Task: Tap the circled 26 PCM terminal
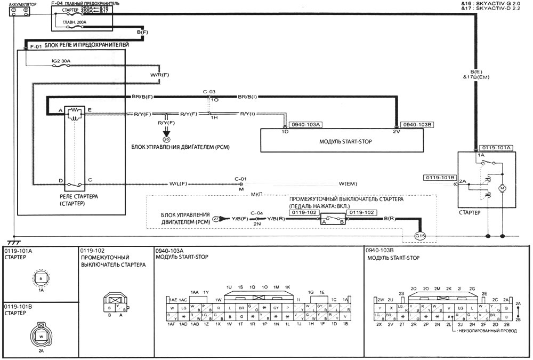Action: pos(165,139)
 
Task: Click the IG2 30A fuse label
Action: pos(60,62)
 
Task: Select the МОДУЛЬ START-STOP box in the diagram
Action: pos(341,141)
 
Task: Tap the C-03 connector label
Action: pos(208,92)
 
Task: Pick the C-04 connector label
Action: pos(257,212)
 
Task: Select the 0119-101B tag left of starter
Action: pos(439,177)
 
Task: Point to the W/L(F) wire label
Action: pos(179,185)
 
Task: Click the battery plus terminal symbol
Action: pos(26,10)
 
